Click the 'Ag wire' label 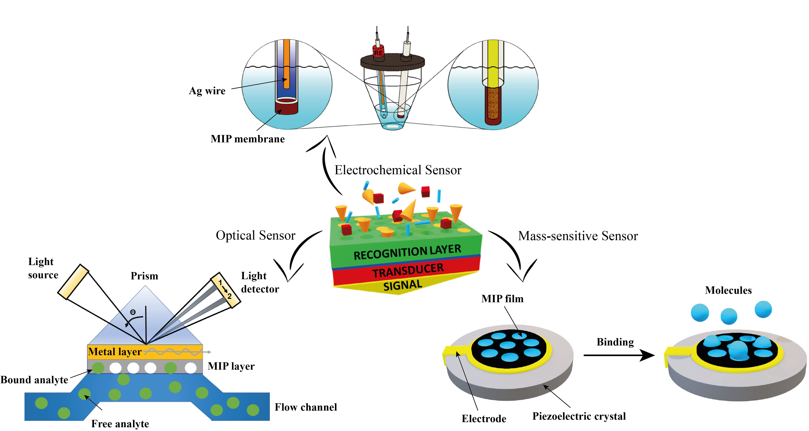coord(207,91)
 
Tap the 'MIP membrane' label coord(248,139)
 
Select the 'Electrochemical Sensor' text coord(398,170)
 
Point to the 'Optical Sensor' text coord(255,235)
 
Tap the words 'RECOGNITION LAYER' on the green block coord(407,252)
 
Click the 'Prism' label coord(144,276)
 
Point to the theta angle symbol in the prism coord(133,312)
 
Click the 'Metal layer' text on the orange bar coord(115,352)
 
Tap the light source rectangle coord(73,282)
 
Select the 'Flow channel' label coord(306,407)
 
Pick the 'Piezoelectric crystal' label coord(579,416)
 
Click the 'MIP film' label coord(502,299)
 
